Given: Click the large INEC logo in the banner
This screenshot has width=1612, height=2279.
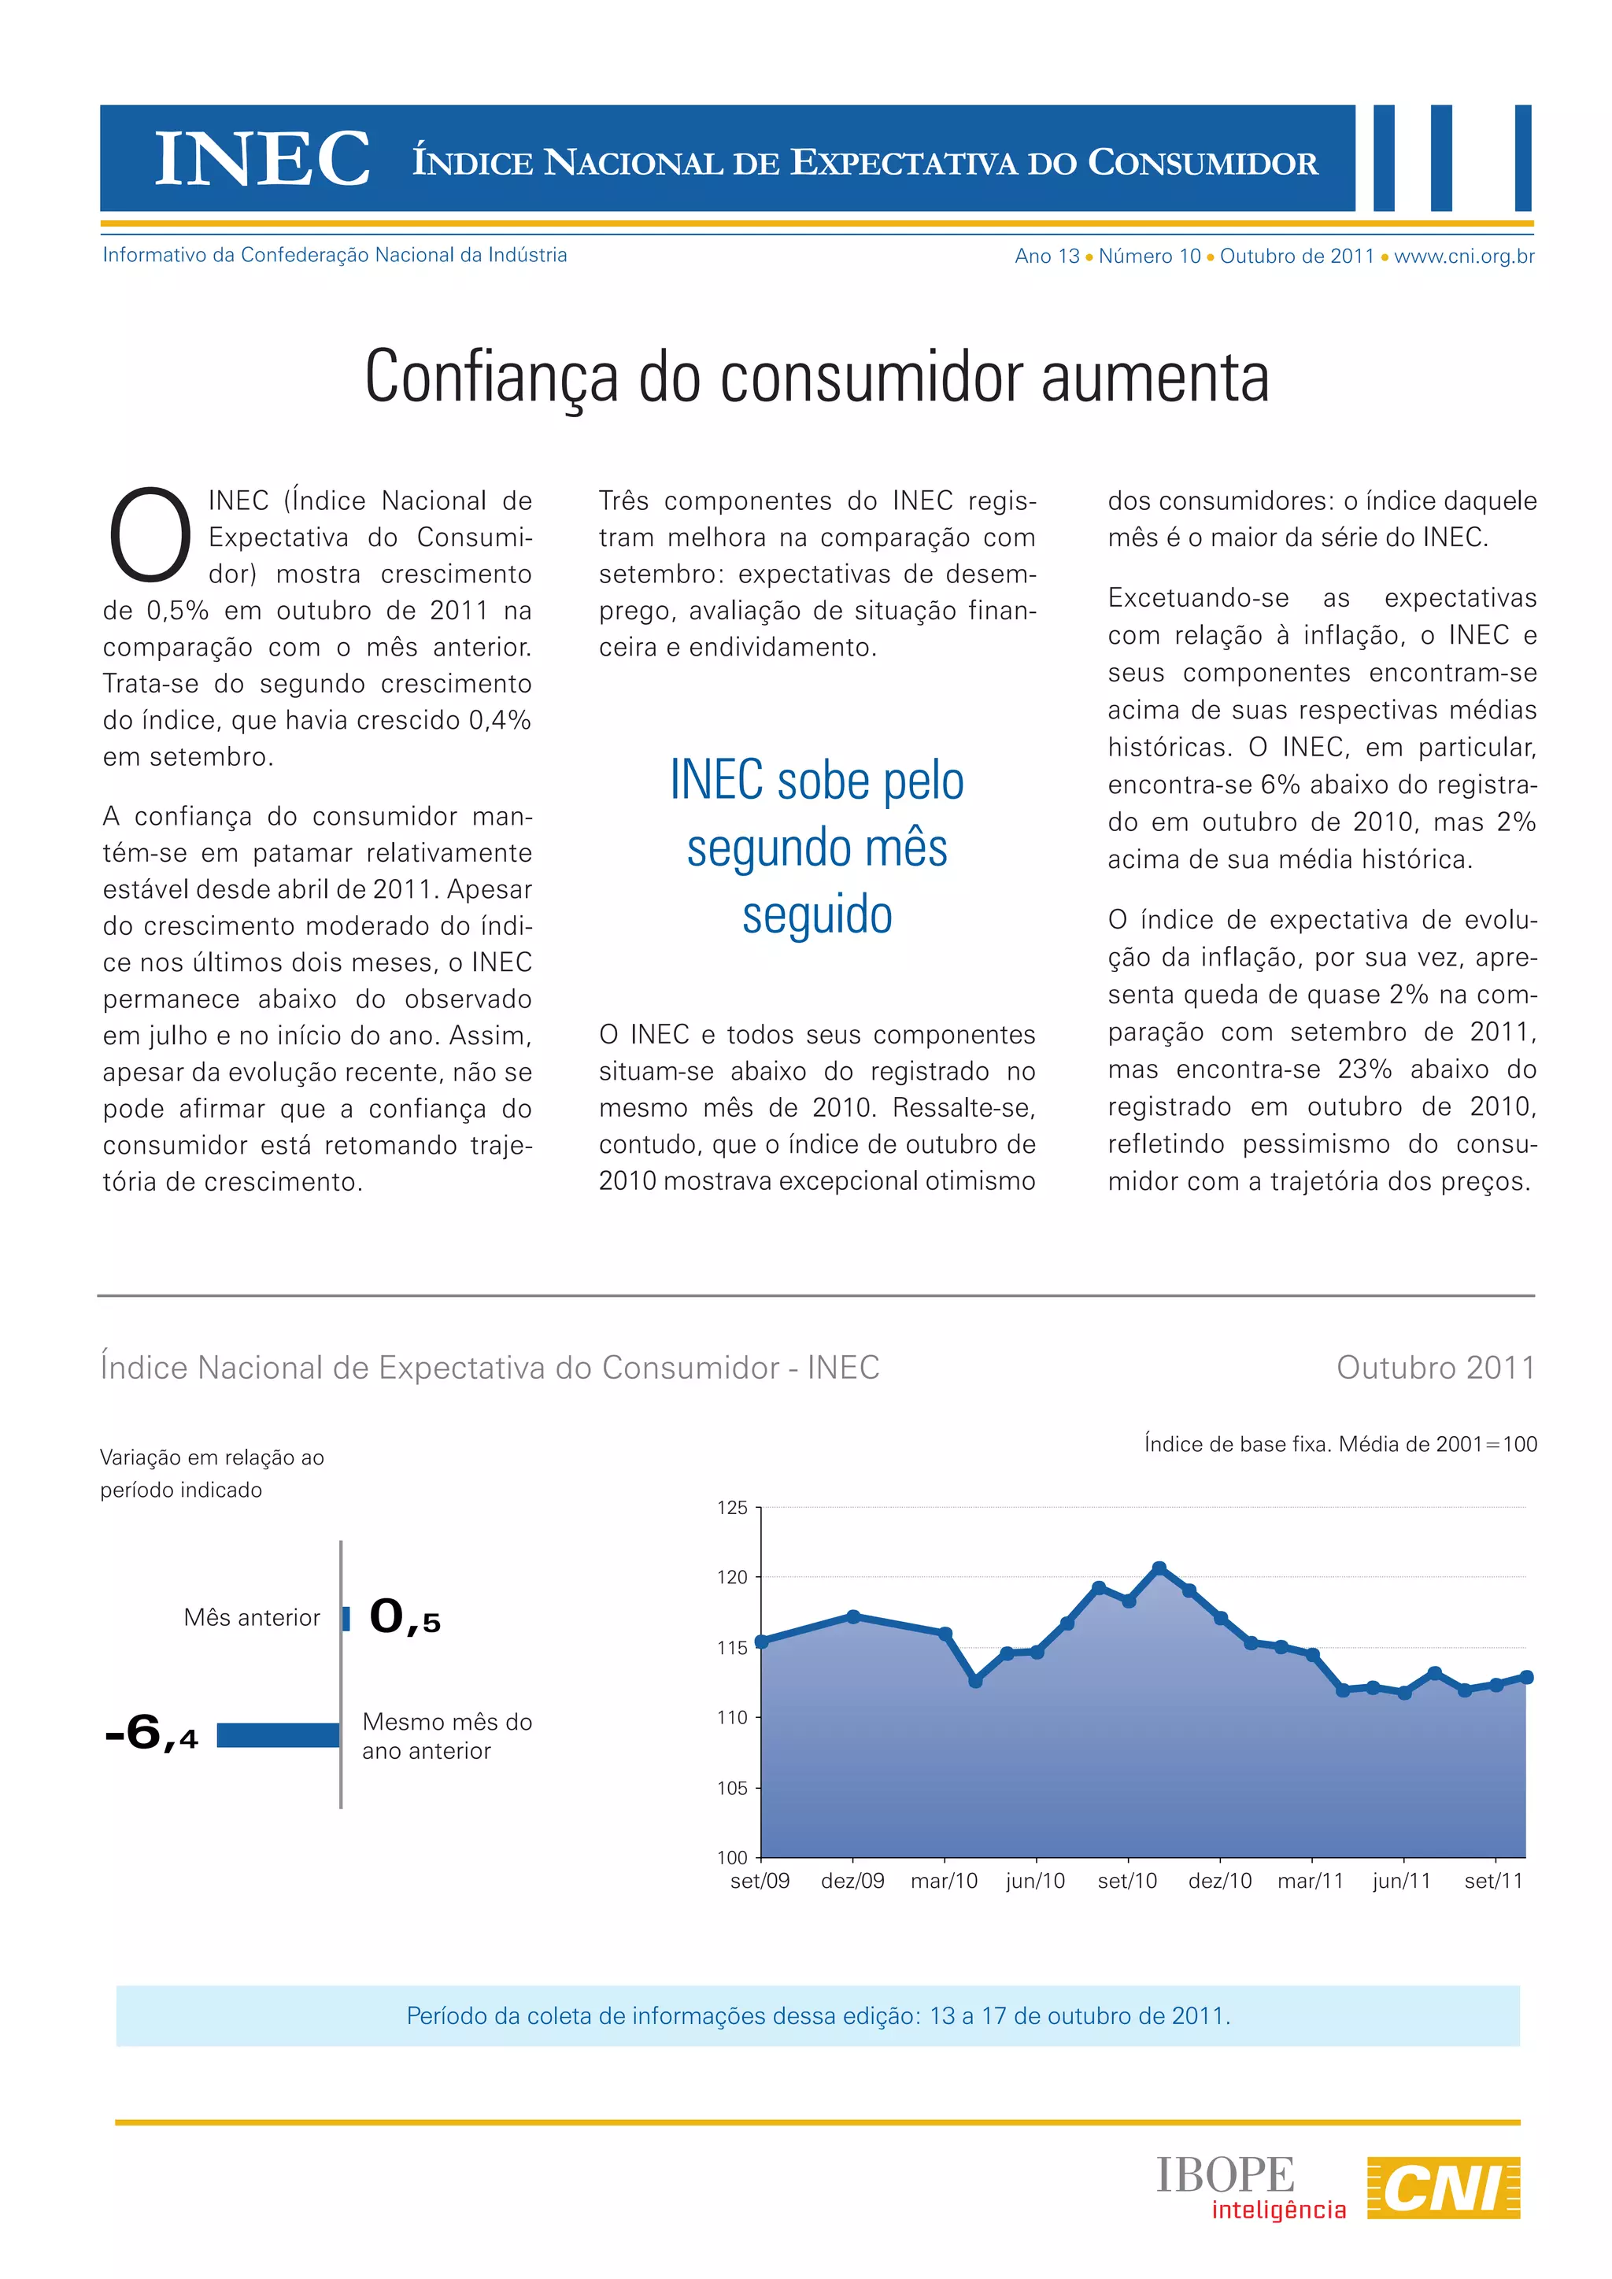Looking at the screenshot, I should tap(262, 159).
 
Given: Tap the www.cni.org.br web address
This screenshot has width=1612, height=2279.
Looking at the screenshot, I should tap(1464, 256).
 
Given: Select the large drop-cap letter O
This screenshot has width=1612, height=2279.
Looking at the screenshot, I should tap(150, 534).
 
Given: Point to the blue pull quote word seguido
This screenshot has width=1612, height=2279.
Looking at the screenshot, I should tap(817, 914).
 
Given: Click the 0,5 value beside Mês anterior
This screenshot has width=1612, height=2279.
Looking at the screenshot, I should tap(404, 1618).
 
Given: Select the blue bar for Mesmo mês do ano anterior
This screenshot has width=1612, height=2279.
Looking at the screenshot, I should tap(278, 1734).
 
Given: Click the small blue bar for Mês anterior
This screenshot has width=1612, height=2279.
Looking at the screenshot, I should tap(346, 1619).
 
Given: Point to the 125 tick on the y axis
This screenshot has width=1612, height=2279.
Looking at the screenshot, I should tap(733, 1508).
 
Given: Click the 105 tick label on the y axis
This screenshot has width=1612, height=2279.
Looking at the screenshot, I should tap(733, 1788).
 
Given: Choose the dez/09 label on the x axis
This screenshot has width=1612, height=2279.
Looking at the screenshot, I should tap(852, 1880).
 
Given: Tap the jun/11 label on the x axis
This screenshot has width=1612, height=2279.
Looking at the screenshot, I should tap(1402, 1880).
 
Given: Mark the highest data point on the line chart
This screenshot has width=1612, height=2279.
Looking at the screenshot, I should tap(1159, 1568).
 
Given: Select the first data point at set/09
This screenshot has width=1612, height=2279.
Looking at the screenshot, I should tap(761, 1642).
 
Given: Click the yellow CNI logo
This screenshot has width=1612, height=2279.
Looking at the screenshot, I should tap(1444, 2187).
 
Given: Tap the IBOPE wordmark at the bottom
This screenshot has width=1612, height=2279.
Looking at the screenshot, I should tap(1225, 2175).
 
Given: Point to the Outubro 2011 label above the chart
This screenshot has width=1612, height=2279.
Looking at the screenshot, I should tap(1436, 1368).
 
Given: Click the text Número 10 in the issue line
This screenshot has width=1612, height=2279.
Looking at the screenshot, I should tap(1149, 256).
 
